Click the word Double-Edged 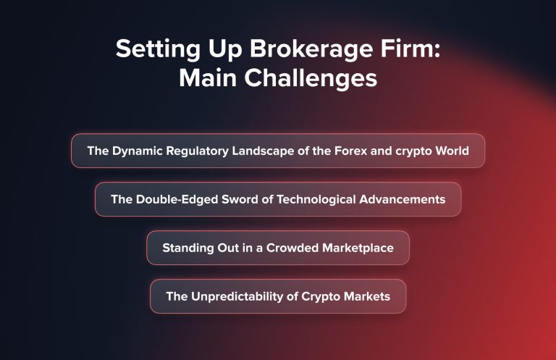coord(176,199)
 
